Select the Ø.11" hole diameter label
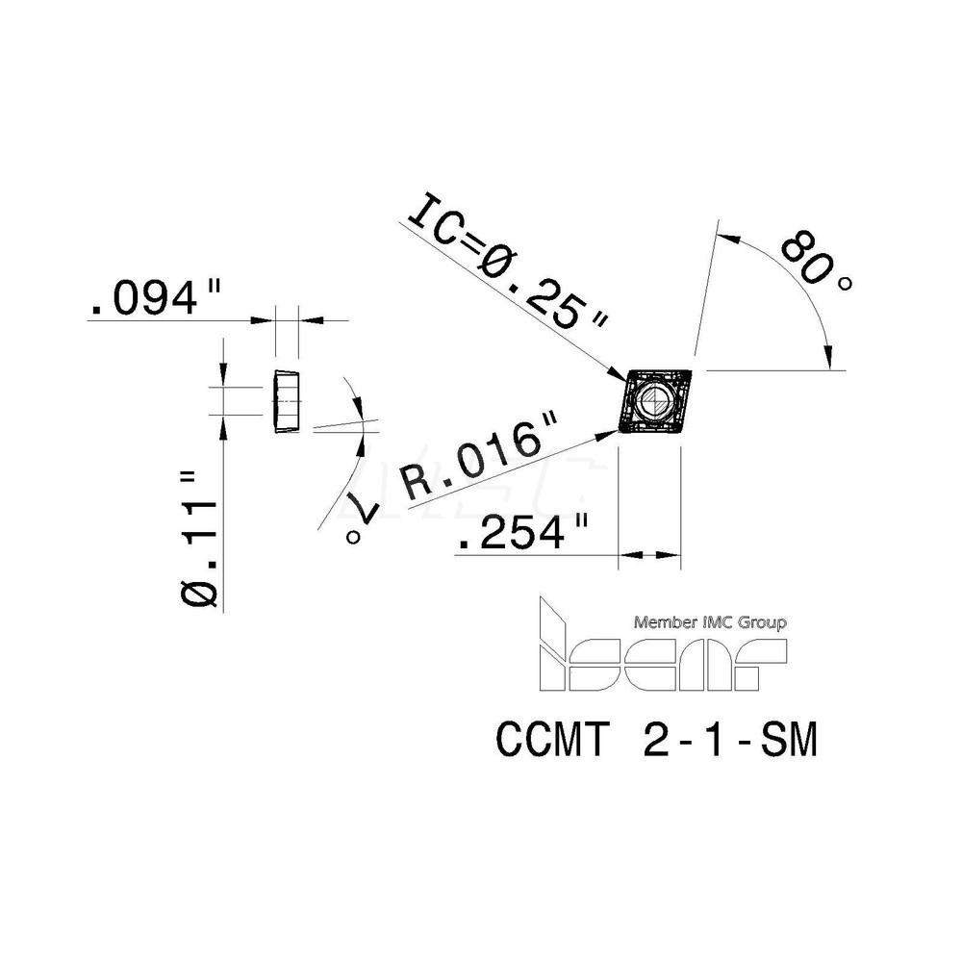(200, 539)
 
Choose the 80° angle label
(815, 258)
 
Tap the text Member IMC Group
(711, 623)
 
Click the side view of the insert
(286, 400)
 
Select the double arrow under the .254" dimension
(649, 554)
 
